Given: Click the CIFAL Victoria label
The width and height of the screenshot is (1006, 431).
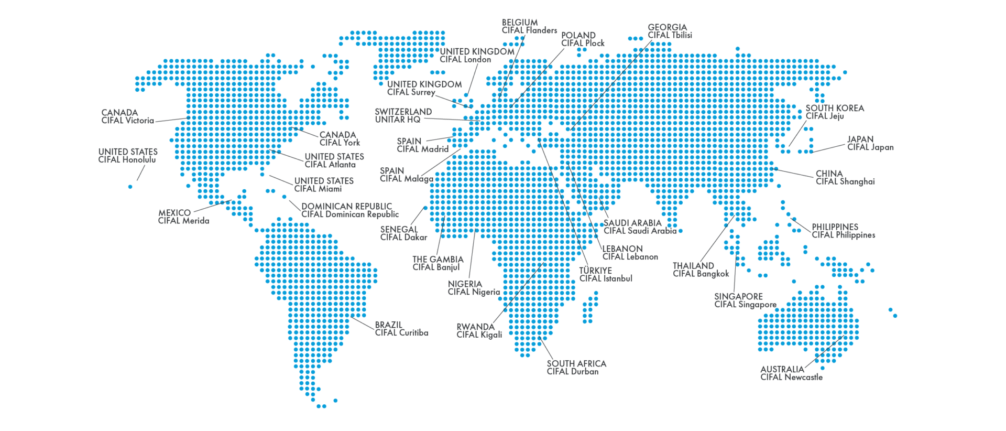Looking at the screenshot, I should [127, 121].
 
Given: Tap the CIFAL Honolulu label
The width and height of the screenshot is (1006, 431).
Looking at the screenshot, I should [127, 160].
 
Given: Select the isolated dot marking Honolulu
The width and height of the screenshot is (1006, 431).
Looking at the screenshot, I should [130, 187].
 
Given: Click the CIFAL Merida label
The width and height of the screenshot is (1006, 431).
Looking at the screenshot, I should [183, 221].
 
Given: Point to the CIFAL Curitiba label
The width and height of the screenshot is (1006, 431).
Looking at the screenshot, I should [401, 333].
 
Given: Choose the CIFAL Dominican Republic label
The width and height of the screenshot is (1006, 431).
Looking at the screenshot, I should [349, 214].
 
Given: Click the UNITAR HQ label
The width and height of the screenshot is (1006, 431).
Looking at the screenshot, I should [398, 120].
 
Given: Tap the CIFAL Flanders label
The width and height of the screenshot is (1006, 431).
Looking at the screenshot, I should [529, 30].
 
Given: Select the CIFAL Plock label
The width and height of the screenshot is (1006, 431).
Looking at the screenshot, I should [583, 43].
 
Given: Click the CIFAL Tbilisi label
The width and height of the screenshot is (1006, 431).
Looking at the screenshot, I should [670, 35].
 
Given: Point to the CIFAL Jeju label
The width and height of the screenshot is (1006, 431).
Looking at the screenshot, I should [825, 116].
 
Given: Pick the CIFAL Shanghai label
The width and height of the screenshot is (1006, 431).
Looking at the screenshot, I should [845, 181].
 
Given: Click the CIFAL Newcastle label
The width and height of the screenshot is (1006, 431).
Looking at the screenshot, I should [791, 377].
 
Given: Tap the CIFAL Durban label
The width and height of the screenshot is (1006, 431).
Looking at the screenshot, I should [572, 372].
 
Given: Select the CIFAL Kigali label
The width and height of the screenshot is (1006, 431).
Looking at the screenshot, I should [479, 335].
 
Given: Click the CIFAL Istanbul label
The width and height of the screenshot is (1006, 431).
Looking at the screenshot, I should [605, 278].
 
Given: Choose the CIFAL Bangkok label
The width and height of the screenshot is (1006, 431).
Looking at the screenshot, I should [701, 274].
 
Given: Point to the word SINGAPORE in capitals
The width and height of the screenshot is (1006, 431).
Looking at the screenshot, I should [738, 296].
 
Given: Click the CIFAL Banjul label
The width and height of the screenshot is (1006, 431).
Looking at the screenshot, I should [435, 267].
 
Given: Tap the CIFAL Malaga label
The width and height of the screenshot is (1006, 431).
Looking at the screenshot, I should [406, 179].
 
